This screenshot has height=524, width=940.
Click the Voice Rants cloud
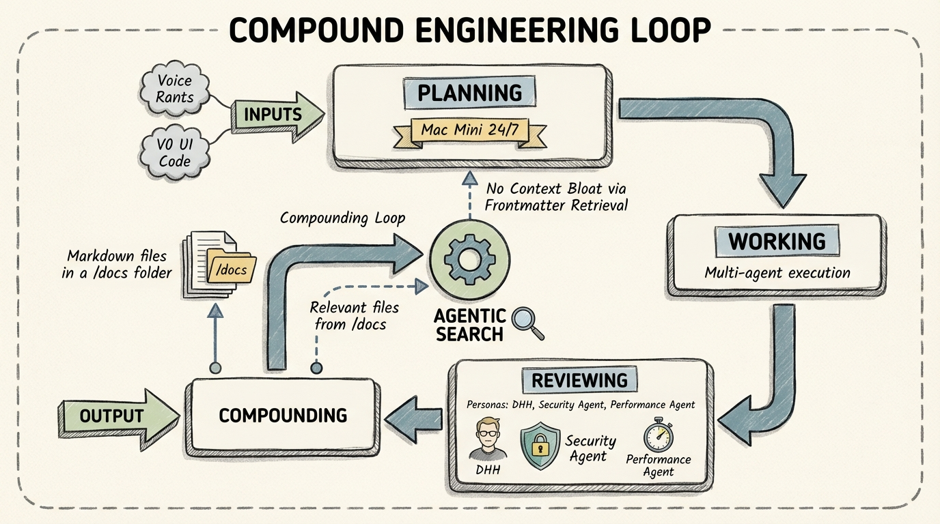(x=174, y=89)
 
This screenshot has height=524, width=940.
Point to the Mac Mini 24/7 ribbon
(x=470, y=130)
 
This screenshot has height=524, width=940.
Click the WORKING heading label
(x=777, y=242)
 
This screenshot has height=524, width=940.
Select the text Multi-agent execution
(x=777, y=273)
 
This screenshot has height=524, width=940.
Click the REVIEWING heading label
(x=579, y=380)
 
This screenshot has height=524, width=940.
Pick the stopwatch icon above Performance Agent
(x=659, y=435)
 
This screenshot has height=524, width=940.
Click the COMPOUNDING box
(x=283, y=415)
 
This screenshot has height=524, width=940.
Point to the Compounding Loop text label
(x=342, y=219)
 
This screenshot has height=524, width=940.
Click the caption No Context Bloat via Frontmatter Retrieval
(x=557, y=196)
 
